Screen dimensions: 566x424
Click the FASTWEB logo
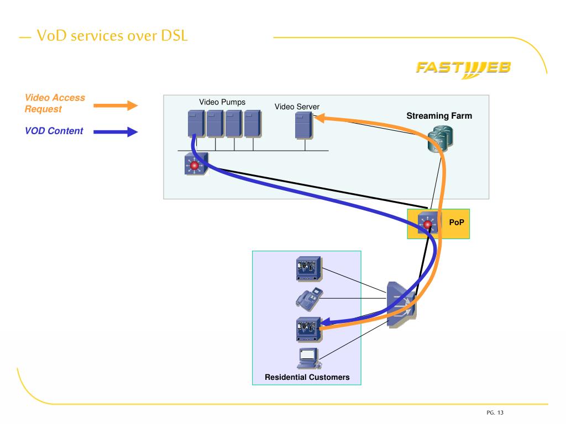click(x=464, y=69)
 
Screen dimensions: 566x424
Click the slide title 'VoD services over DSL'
click(x=112, y=36)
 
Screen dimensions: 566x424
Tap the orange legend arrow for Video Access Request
click(x=116, y=105)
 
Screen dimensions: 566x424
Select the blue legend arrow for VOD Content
click(x=116, y=132)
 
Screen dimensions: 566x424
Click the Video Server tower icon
click(x=304, y=125)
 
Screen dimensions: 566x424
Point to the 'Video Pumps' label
click(x=222, y=102)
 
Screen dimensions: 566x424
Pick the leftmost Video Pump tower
click(x=196, y=124)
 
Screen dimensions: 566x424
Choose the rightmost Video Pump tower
click(x=253, y=124)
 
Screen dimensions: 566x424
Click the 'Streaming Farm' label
click(x=439, y=116)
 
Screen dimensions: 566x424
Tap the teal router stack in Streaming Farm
click(x=441, y=139)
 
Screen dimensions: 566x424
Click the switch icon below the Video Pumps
click(x=196, y=164)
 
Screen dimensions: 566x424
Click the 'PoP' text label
click(x=456, y=222)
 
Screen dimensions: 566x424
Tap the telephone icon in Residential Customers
click(x=310, y=299)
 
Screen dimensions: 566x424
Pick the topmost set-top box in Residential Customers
click(x=308, y=269)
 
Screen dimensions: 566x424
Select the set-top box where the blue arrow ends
click(x=308, y=329)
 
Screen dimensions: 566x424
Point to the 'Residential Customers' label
click(x=307, y=377)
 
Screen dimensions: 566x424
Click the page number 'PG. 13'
click(x=495, y=412)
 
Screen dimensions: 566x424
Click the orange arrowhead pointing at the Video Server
click(x=320, y=118)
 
